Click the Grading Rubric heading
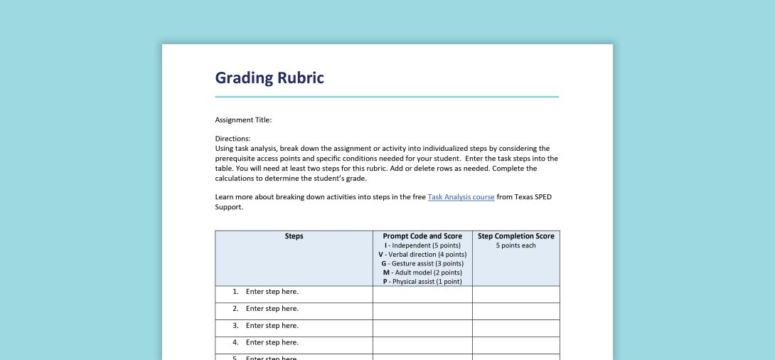269,78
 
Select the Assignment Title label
243,120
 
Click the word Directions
232,138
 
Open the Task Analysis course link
461,197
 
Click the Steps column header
294,236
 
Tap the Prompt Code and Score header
422,236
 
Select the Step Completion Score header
515,236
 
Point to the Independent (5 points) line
422,245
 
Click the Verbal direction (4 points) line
422,255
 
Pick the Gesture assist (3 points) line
422,263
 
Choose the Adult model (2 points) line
422,272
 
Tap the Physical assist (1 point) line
422,281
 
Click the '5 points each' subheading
515,245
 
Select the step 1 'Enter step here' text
272,292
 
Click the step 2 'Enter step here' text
272,309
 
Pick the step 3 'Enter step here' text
272,326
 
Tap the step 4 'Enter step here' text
272,343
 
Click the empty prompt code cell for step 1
422,294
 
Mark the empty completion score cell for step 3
515,328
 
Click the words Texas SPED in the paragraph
533,197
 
